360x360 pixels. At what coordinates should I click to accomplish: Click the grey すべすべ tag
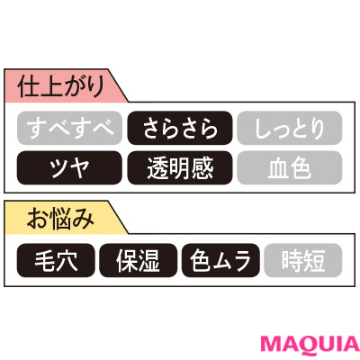69,128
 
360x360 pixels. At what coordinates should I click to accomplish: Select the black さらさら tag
180,128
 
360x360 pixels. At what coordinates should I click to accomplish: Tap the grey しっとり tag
290,128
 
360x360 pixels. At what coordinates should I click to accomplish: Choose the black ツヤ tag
69,167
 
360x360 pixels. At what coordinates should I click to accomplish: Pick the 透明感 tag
180,167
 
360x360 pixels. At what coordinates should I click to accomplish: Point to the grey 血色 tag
290,167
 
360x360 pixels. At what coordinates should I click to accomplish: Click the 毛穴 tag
56,260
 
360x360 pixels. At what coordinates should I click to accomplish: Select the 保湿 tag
139,260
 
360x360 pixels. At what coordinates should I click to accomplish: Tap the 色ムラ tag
220,260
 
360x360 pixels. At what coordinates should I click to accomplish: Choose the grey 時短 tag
303,260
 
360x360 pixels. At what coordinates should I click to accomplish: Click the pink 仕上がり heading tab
61,85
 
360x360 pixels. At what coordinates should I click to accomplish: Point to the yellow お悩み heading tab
61,218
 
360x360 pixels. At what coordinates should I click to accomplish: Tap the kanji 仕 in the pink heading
29,86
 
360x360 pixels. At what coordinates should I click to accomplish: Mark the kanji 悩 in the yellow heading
60,219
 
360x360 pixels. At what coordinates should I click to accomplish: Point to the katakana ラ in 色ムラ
242,261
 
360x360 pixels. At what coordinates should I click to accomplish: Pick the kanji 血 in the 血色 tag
278,168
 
